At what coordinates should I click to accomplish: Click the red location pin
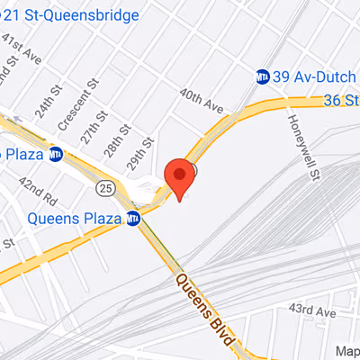[x=180, y=177]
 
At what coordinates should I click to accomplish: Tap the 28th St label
[x=112, y=135]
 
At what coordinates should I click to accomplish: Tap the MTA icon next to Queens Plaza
[x=133, y=218]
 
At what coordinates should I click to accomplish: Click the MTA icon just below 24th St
[x=55, y=154]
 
